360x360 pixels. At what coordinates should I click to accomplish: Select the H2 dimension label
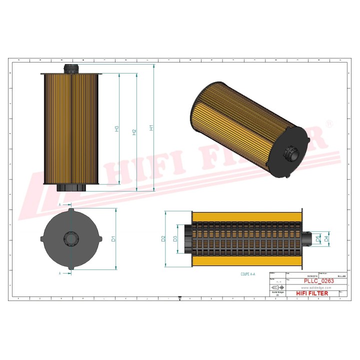[134, 132]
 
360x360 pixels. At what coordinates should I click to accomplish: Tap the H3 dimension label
[117, 128]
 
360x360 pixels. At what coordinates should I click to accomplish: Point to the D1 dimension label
[114, 239]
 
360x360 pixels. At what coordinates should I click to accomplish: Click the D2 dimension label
[163, 238]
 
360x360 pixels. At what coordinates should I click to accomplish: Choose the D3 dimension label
[175, 238]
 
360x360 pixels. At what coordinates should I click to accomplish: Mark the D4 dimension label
[326, 238]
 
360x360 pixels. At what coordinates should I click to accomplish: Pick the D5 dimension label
[318, 238]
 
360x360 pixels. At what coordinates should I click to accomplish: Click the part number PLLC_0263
[319, 281]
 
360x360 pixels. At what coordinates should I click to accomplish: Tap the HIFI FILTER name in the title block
[312, 293]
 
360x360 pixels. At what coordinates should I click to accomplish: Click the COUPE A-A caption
[248, 274]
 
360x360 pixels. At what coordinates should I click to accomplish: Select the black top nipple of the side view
[70, 68]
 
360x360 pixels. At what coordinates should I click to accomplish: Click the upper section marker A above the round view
[60, 205]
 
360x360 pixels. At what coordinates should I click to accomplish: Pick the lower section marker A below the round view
[60, 273]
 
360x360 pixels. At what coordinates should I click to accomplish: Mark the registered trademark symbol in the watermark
[328, 123]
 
